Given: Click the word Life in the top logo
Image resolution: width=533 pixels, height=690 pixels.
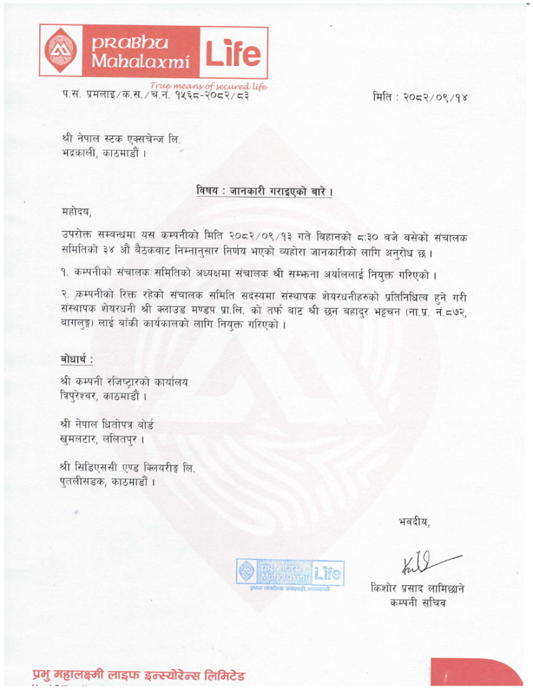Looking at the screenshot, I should click(232, 53).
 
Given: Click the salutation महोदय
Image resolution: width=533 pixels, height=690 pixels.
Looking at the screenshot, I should click(75, 214).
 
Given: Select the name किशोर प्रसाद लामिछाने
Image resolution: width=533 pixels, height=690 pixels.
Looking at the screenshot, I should click(417, 588).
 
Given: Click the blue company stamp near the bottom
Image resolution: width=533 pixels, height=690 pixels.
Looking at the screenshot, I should click(290, 574).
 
